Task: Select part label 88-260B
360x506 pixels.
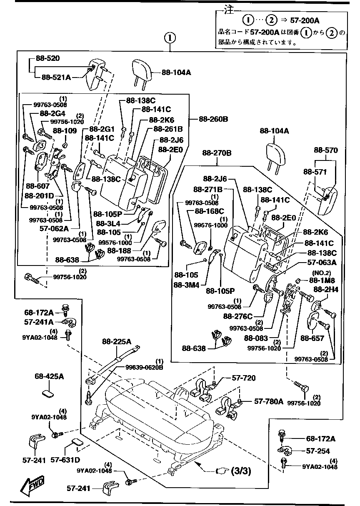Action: click(213, 119)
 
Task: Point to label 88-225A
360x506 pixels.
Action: click(117, 342)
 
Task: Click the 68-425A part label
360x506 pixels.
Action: click(49, 376)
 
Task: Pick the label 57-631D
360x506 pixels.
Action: click(65, 460)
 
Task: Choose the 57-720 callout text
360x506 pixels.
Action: click(244, 378)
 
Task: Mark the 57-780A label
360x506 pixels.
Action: click(269, 401)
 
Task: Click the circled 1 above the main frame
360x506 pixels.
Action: click(170, 38)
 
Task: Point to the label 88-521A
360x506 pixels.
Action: click(56, 77)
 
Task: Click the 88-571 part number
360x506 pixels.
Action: click(315, 171)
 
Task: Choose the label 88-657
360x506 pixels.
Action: click(312, 338)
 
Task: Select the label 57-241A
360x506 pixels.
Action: click(39, 322)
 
